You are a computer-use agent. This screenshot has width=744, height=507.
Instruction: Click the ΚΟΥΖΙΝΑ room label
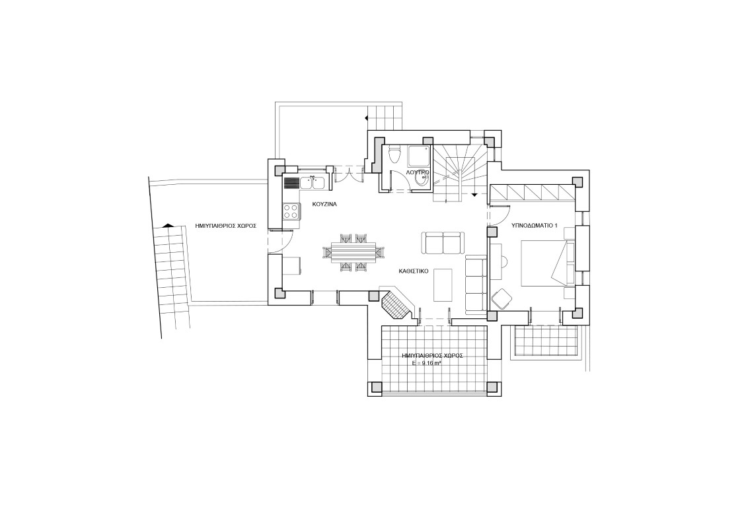[x=324, y=205]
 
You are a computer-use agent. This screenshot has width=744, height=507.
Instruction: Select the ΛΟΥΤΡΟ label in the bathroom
[x=418, y=172]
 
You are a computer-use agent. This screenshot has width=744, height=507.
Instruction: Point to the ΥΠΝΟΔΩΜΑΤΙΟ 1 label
[x=533, y=226]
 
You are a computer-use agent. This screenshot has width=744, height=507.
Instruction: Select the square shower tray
[x=420, y=156]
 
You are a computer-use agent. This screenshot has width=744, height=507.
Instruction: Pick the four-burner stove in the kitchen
[x=291, y=211]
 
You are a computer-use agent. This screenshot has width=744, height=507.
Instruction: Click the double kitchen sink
[x=312, y=183]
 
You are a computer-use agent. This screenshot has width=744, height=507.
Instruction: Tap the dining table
[x=350, y=252]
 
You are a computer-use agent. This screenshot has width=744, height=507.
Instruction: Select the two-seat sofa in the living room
[x=442, y=243]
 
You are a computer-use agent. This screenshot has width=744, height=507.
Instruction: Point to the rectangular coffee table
[x=443, y=285]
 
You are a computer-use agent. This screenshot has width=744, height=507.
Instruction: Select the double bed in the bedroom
[x=548, y=263]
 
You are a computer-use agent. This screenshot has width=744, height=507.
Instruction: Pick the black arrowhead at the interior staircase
[x=474, y=195]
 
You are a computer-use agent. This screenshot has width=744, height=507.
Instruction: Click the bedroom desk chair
[x=501, y=299]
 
